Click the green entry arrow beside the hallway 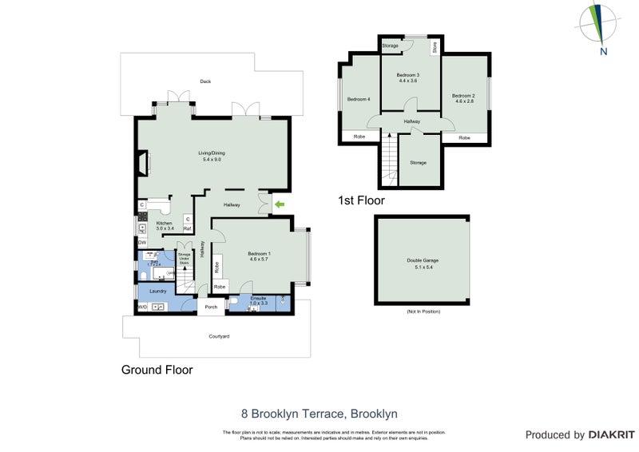tap(280, 205)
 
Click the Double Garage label tap(423, 264)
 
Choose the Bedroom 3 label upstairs tap(408, 77)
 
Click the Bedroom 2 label tap(464, 98)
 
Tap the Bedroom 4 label tap(359, 99)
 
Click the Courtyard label tap(219, 336)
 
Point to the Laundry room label tap(158, 291)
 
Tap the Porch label tap(212, 307)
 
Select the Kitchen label tap(165, 226)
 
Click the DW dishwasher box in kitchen tap(141, 242)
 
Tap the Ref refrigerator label tap(187, 228)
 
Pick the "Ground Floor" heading tap(157, 370)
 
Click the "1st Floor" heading tap(362, 200)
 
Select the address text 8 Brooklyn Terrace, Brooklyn tap(319, 414)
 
